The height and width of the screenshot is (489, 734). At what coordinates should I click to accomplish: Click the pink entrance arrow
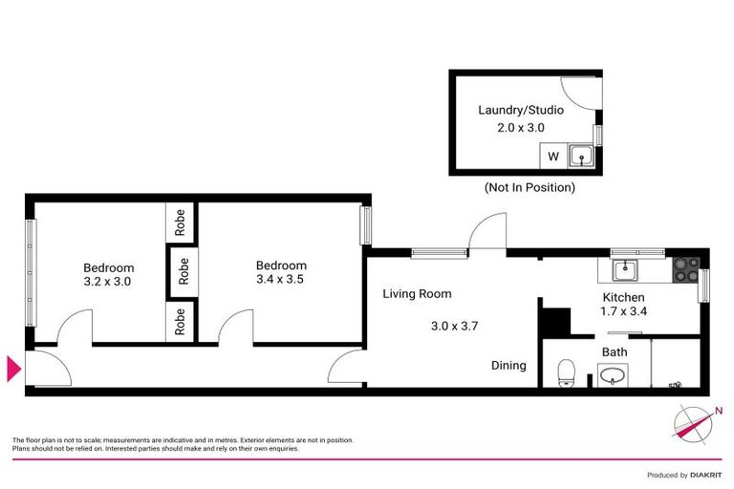point(13,369)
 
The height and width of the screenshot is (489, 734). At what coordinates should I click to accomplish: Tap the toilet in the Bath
point(565,372)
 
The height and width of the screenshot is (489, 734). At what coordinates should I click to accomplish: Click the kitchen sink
point(625,270)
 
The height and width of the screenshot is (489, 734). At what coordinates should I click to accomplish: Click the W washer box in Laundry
point(552,156)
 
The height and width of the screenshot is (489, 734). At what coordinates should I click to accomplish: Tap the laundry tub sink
point(579,156)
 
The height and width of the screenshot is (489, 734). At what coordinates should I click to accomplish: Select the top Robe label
point(181,223)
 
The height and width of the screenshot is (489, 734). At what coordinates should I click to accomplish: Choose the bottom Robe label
point(181,321)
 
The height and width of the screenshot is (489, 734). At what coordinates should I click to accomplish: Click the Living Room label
point(417,294)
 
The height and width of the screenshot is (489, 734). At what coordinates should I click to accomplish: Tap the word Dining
point(508,365)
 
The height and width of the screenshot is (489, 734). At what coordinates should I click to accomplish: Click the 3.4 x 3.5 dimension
point(281,280)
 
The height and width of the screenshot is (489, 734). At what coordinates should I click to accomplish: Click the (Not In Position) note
point(529,188)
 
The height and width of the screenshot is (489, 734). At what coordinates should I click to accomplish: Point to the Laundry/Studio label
point(520,110)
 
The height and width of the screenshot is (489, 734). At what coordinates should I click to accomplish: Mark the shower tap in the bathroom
point(676,384)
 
